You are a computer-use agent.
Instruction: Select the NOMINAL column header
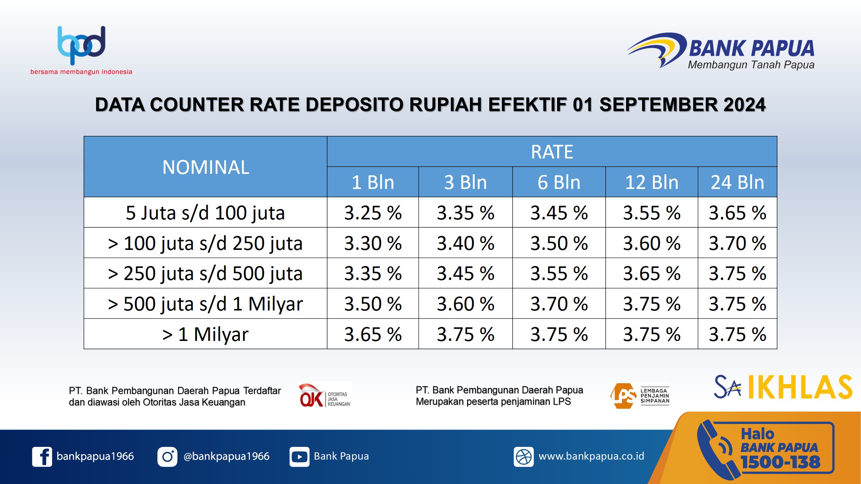pos(206,167)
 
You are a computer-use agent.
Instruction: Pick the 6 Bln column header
pos(559,182)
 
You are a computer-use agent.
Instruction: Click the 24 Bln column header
pos(738,182)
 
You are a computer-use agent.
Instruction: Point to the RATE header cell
pos(552,152)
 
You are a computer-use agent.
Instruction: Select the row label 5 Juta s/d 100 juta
pos(205,213)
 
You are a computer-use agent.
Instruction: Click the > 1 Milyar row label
pos(205,334)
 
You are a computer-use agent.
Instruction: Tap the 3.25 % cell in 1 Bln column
pos(373,213)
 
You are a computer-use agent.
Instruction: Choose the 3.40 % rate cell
pos(466,243)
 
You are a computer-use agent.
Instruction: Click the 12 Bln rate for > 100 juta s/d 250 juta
pos(652,243)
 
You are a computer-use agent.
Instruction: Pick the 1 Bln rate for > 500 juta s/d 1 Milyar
pos(373,304)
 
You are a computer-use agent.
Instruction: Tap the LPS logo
pos(640,396)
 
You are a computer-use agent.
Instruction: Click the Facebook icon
pos(42,457)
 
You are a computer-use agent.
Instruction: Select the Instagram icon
pos(167,457)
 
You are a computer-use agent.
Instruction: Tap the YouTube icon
pos(300,457)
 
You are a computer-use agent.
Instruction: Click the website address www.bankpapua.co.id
pos(592,456)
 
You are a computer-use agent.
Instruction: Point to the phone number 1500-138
pos(781,462)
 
